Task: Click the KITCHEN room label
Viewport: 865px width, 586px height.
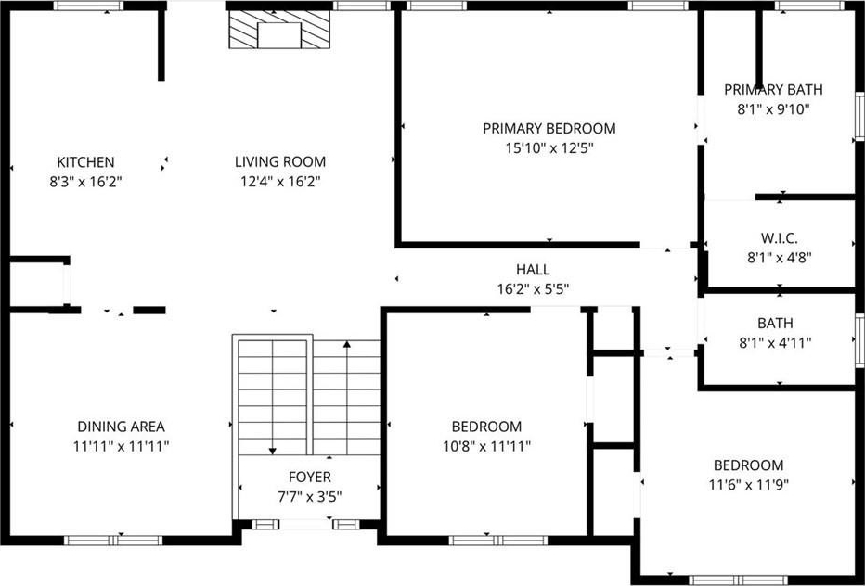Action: click(x=85, y=162)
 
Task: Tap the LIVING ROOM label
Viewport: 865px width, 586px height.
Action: click(x=280, y=162)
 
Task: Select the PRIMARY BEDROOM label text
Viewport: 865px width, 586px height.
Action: click(x=549, y=129)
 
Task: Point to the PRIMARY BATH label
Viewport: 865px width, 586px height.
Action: click(x=773, y=89)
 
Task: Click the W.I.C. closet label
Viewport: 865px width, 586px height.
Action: click(x=779, y=238)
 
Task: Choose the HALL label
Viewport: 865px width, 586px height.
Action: click(x=533, y=270)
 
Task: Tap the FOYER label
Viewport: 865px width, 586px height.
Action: click(x=310, y=477)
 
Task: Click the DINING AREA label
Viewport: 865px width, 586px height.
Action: click(x=121, y=427)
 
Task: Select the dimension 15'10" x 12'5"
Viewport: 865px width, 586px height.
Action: click(x=549, y=148)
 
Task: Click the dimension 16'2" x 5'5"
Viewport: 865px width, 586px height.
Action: click(x=533, y=289)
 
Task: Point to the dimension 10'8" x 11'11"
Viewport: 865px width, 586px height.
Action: click(x=486, y=447)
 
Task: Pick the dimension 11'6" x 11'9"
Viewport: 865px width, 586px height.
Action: click(x=749, y=485)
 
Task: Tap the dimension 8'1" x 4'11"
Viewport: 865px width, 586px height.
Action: click(x=776, y=343)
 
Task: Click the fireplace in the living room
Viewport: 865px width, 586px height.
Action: click(x=279, y=30)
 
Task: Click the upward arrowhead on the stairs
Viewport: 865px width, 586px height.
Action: click(x=347, y=345)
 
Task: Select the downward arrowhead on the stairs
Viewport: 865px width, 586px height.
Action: click(x=272, y=451)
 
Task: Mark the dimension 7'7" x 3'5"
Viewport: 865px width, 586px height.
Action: click(x=310, y=497)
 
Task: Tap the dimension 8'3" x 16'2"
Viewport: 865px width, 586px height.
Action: click(x=85, y=182)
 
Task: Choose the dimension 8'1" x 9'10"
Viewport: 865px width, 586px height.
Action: click(x=773, y=109)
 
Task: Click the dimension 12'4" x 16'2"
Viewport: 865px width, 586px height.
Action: click(x=280, y=182)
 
